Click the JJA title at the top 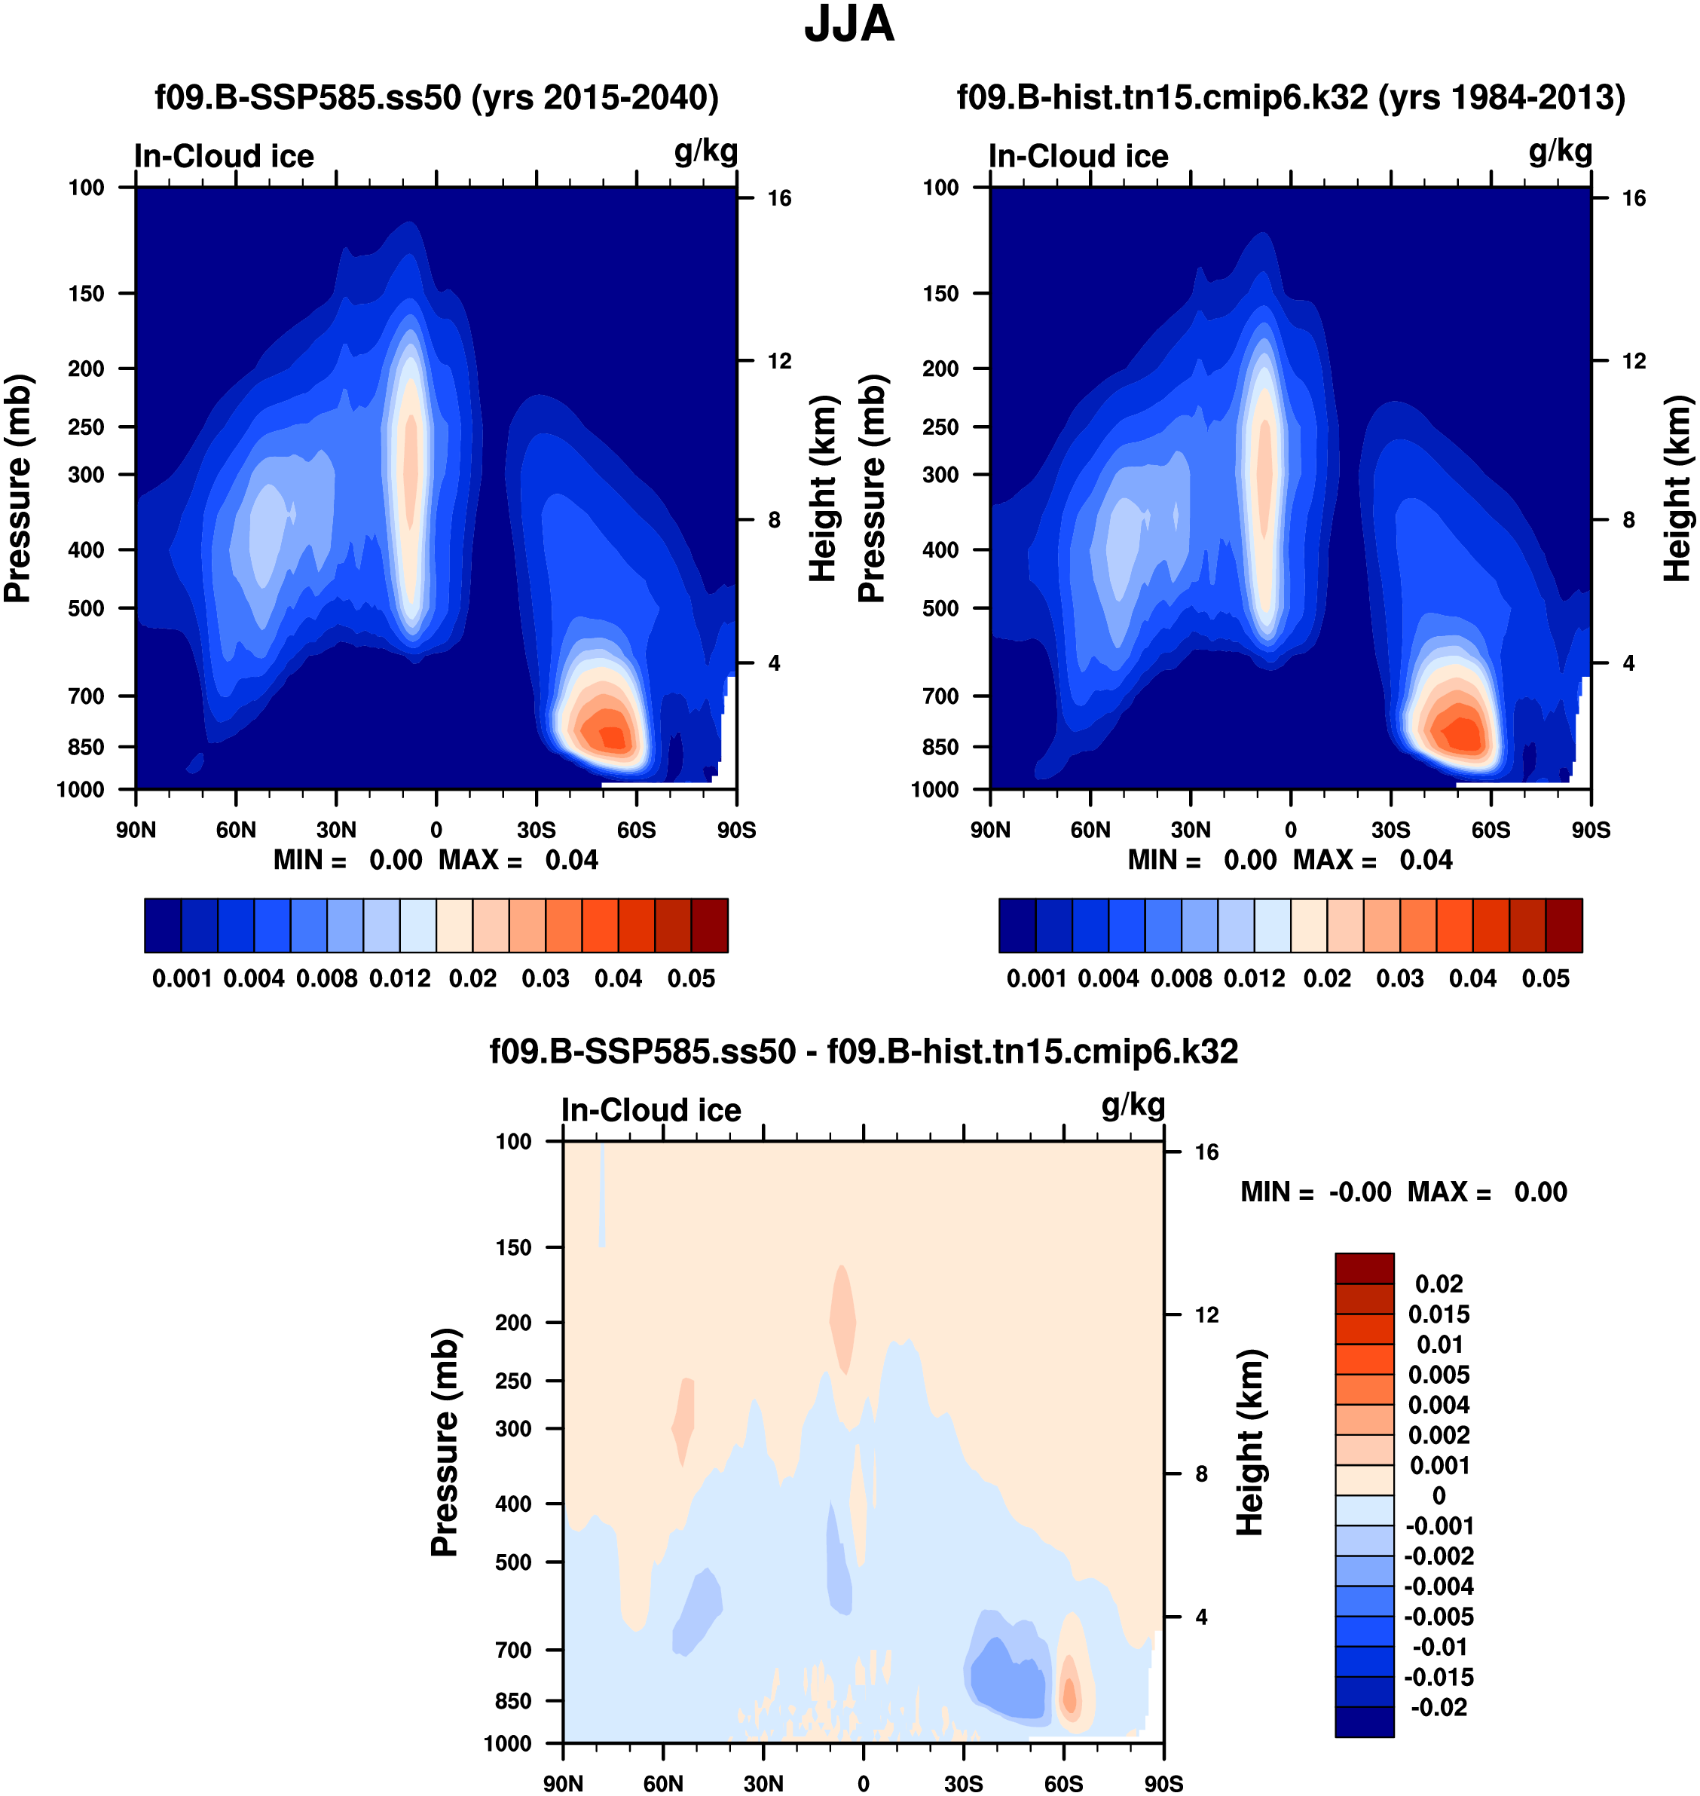849,26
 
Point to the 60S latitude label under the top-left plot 636,830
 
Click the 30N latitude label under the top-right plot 1190,830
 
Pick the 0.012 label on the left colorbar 399,980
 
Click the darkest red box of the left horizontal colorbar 710,926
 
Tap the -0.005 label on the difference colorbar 1439,1617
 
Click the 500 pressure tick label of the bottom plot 513,1562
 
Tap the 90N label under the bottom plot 563,1784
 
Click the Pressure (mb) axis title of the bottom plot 445,1443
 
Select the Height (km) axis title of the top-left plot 822,488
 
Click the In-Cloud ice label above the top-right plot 1078,157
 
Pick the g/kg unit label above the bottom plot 1133,1106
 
